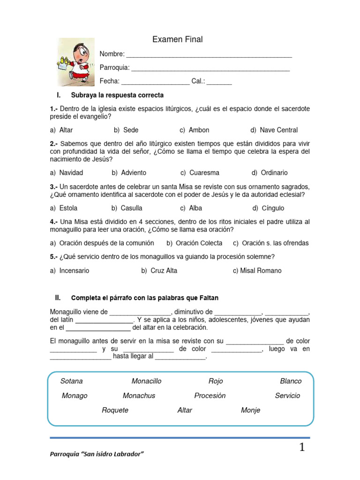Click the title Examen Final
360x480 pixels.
click(177, 40)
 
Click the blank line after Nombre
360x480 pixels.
click(209, 55)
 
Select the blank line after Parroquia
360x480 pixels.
click(210, 68)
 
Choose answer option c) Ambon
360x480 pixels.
click(195, 130)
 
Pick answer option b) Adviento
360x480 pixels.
click(129, 172)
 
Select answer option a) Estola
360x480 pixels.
click(64, 208)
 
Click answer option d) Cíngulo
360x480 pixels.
click(268, 208)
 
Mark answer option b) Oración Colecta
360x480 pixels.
click(195, 243)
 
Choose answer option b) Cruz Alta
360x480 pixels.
click(159, 270)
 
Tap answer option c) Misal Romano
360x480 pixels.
click(257, 270)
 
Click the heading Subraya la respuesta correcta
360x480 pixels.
click(117, 95)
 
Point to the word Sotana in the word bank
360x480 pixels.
click(71, 381)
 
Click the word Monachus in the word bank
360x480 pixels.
click(139, 396)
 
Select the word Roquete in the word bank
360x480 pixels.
click(115, 410)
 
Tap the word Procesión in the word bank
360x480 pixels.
click(210, 396)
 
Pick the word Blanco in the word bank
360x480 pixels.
click(291, 381)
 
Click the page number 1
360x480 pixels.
click(302, 448)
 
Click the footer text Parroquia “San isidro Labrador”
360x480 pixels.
click(97, 455)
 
